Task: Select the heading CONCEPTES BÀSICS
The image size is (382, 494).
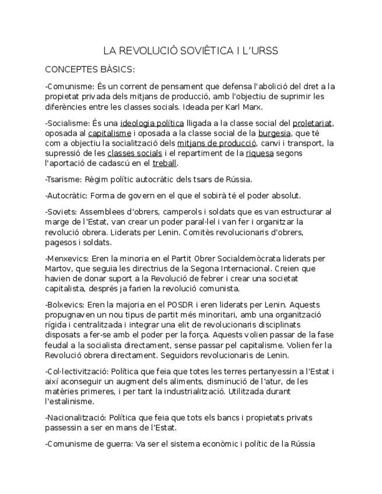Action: click(x=90, y=70)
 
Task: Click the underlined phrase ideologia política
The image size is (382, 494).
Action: click(x=152, y=123)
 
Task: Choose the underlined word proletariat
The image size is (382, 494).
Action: click(x=312, y=123)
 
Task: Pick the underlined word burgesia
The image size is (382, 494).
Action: click(x=274, y=133)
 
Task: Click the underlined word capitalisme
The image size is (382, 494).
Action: click(x=110, y=133)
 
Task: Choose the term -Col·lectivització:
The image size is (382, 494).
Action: click(x=76, y=371)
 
